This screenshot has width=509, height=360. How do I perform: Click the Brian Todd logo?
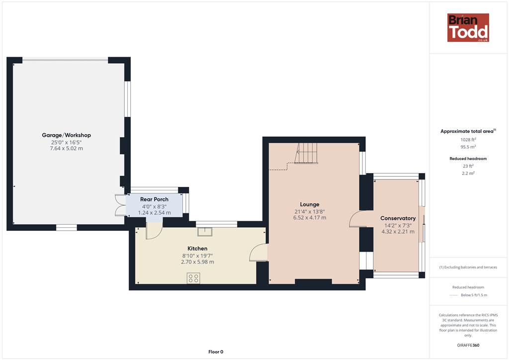tap(468, 27)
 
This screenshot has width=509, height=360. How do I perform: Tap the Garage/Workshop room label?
tap(66, 135)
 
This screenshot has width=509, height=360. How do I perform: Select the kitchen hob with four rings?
tap(193, 278)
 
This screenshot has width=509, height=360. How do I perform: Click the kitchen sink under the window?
tap(205, 231)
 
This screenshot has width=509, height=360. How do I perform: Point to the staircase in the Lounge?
tap(306, 153)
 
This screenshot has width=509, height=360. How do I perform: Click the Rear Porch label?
tap(154, 199)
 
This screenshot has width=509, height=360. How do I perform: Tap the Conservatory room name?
tap(398, 218)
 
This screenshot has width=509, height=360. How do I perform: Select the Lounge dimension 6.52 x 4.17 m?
tap(310, 217)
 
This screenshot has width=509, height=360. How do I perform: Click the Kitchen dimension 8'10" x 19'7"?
tap(197, 256)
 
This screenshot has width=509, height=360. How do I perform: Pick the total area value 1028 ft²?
tap(468, 140)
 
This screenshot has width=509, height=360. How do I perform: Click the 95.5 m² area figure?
tap(468, 147)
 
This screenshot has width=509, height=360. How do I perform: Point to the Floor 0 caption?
tap(216, 352)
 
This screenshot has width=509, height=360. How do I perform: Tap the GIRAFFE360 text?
tap(468, 345)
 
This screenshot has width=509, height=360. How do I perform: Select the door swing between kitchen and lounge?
tap(258, 253)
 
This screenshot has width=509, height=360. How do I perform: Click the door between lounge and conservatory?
tap(356, 219)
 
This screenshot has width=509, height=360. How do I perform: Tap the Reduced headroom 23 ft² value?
tap(468, 166)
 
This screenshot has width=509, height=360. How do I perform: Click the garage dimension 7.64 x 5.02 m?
tap(66, 148)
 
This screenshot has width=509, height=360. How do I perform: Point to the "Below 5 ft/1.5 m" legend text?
tap(474, 295)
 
